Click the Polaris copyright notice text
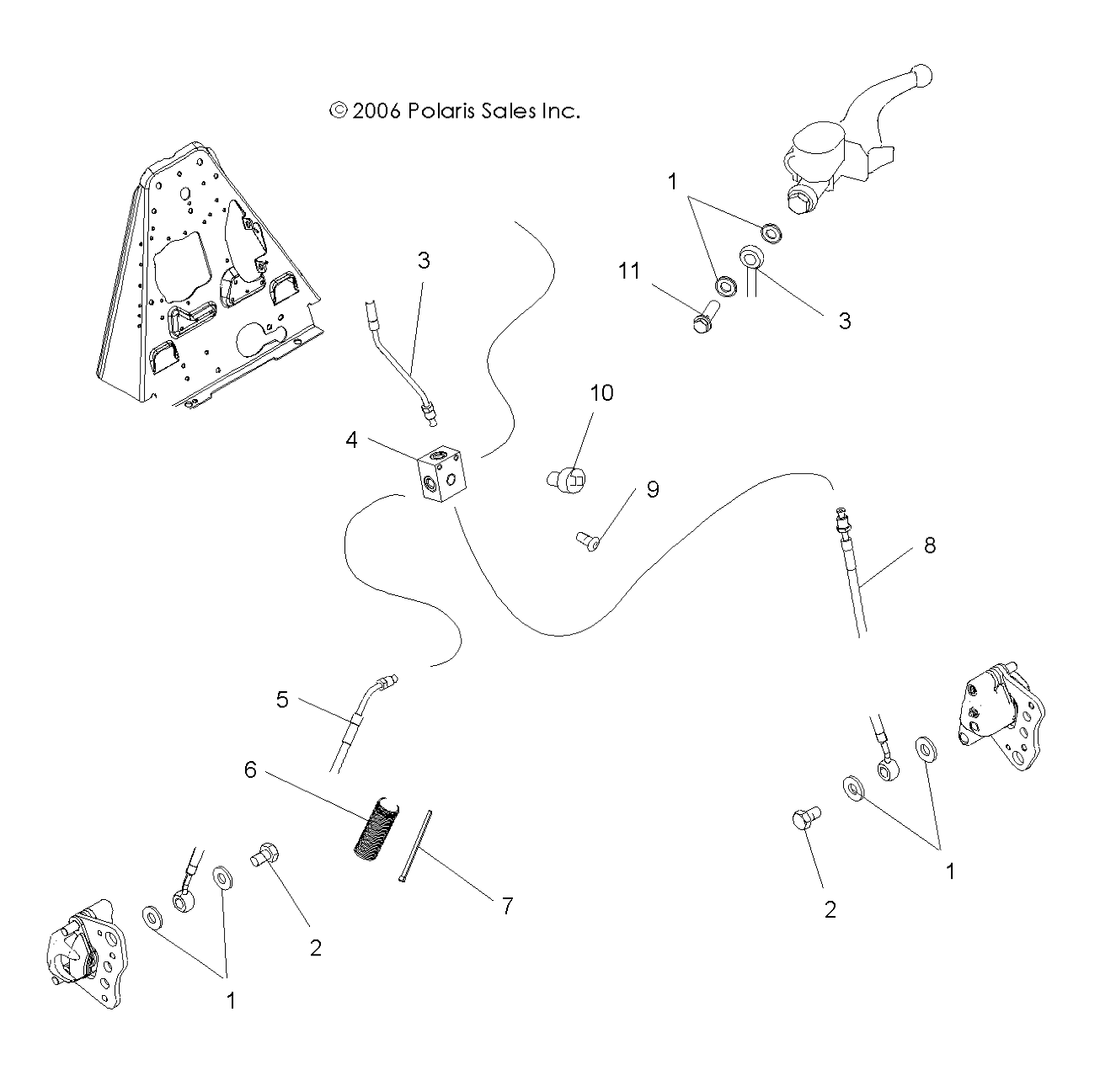tap(454, 111)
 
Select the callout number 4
tap(351, 439)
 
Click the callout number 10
tap(601, 393)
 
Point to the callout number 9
tap(653, 490)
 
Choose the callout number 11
tap(628, 271)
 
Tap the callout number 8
tap(929, 545)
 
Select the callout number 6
tap(251, 769)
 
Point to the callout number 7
tap(507, 906)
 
